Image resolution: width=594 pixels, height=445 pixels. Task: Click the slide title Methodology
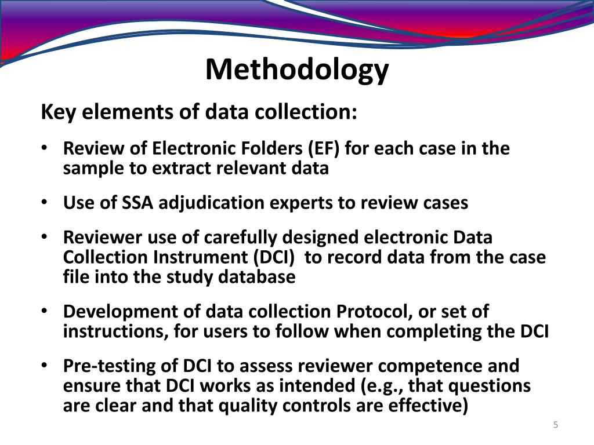coord(297,70)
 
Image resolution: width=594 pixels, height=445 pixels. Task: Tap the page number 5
coord(555,426)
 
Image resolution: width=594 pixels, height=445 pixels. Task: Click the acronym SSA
coord(138,203)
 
